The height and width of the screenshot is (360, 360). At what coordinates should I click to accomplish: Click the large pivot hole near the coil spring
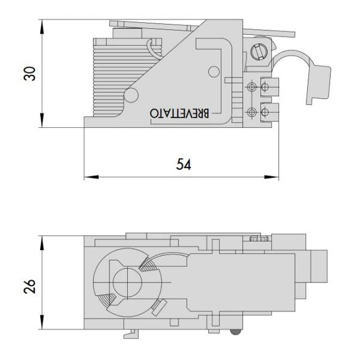point(132,93)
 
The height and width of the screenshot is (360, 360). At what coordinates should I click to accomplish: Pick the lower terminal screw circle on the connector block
point(253,112)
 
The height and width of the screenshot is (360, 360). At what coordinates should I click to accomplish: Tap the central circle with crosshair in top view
point(128,280)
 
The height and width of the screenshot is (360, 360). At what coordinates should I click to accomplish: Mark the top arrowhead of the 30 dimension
point(42,25)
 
